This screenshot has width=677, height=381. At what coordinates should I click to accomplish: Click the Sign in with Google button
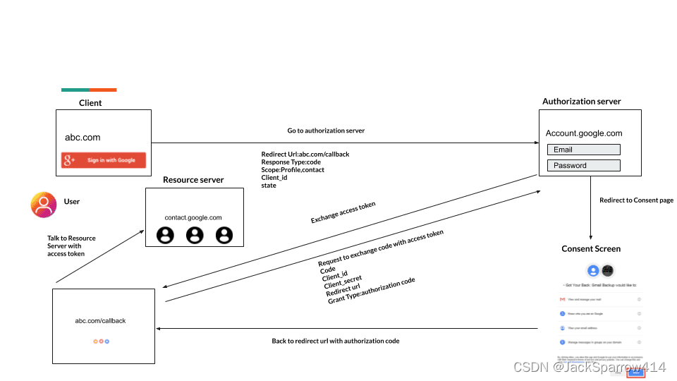coord(104,160)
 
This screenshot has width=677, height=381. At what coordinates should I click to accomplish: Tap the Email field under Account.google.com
coord(583,150)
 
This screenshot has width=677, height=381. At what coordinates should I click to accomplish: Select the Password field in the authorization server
coord(583,166)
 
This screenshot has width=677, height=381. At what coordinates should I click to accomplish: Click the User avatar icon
coord(44,204)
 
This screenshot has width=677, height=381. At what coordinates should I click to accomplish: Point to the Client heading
coord(90,103)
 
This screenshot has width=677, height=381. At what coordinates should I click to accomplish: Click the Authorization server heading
coord(581,102)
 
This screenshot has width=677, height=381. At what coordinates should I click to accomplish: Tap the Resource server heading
coord(193,180)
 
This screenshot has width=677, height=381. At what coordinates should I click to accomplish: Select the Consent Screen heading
coord(591,249)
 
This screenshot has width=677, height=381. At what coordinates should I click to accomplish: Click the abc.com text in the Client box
coord(83,138)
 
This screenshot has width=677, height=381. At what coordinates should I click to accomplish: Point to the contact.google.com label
coord(193,218)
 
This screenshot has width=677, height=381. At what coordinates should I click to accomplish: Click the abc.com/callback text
coord(100,321)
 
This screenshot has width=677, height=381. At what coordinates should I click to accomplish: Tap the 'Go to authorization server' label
coord(326,131)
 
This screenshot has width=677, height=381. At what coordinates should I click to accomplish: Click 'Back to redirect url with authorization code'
coord(336,341)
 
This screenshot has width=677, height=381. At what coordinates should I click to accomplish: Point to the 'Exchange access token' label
coord(343,212)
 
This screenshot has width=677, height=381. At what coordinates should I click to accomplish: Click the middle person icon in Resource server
coord(195,235)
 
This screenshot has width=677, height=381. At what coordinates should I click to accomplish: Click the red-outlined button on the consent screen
coord(636,373)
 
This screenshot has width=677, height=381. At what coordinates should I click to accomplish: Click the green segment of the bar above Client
coord(75,90)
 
